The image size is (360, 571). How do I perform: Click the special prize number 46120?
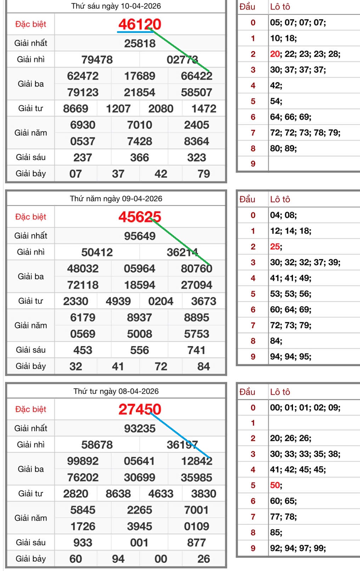click(140, 24)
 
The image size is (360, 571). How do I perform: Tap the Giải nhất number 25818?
click(140, 43)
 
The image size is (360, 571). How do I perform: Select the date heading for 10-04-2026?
click(116, 6)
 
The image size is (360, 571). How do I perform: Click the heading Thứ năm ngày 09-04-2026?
click(116, 198)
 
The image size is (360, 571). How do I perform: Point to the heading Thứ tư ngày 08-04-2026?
click(116, 391)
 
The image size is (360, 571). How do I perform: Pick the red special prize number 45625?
click(140, 217)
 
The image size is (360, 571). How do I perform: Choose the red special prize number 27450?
click(140, 409)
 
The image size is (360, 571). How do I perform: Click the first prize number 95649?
click(140, 236)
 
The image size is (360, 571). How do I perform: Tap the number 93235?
click(140, 428)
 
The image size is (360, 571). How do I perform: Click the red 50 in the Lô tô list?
click(275, 485)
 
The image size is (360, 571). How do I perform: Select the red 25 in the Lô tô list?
click(275, 247)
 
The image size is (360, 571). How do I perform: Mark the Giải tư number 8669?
click(75, 108)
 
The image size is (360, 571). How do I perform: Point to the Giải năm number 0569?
click(83, 334)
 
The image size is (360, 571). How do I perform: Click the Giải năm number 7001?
click(196, 510)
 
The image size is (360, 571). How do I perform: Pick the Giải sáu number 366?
click(140, 157)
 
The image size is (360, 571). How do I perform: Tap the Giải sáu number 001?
click(139, 542)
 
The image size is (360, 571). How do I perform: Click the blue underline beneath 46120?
click(135, 32)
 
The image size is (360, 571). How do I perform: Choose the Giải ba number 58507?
click(196, 92)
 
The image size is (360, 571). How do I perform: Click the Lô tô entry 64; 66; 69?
click(291, 117)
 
